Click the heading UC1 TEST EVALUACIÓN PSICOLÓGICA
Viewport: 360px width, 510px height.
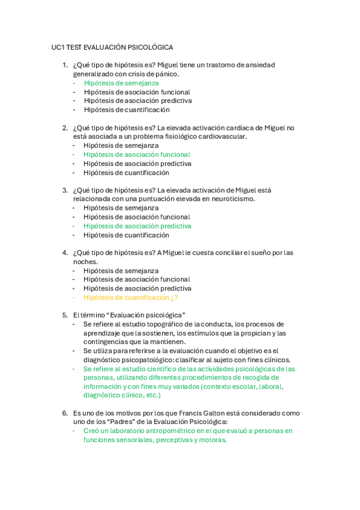[112, 47]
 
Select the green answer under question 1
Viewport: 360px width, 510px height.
[121, 83]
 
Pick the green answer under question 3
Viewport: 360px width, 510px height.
[137, 226]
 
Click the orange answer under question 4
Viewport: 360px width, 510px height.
[130, 297]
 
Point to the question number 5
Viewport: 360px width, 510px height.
[65, 315]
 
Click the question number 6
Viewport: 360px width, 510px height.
[65, 413]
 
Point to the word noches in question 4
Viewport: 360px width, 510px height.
[84, 262]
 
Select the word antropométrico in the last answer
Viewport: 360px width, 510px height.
[168, 431]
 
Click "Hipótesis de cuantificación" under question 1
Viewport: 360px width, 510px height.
[126, 110]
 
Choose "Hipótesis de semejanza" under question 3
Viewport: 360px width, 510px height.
[121, 208]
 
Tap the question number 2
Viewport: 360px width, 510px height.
[65, 127]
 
